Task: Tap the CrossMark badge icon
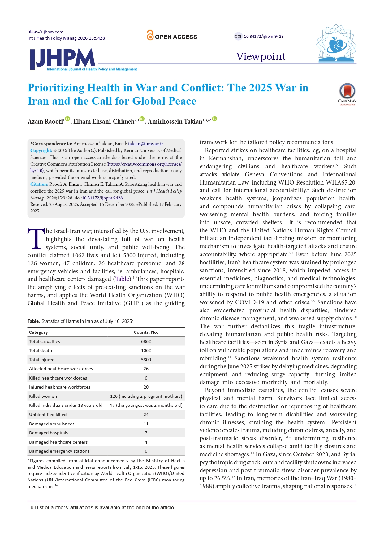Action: [x=347, y=91]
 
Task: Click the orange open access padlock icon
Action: [x=150, y=35]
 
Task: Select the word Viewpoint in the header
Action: [x=261, y=56]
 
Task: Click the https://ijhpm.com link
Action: [x=45, y=32]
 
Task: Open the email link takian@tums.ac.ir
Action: [x=145, y=144]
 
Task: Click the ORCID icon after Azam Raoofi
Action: [x=67, y=119]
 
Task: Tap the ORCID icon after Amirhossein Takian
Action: [x=214, y=119]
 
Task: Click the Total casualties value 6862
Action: [x=146, y=341]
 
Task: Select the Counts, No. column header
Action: [x=146, y=332]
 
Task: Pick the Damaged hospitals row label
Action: [x=48, y=433]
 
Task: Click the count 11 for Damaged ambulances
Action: [x=146, y=424]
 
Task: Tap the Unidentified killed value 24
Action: [x=146, y=415]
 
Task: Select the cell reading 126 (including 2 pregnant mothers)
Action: [x=146, y=396]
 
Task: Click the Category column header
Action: [x=38, y=332]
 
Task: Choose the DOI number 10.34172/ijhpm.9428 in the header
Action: [x=264, y=36]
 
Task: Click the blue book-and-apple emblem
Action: [x=336, y=43]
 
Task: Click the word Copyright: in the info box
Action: [x=41, y=150]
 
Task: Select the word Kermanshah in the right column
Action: [x=225, y=159]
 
